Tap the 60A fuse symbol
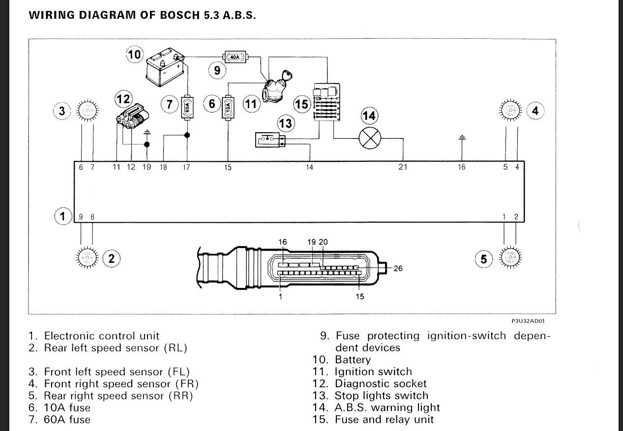[x=187, y=107]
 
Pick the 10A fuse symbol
[x=228, y=107]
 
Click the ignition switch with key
[x=274, y=87]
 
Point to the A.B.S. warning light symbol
[x=370, y=138]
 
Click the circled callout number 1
[x=62, y=216]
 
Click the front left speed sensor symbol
[x=87, y=110]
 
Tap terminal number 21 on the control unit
[x=403, y=168]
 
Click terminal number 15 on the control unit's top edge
[x=228, y=168]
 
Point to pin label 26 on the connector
[x=398, y=268]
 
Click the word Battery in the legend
[x=353, y=360]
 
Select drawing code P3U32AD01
[x=528, y=320]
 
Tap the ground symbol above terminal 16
[x=461, y=138]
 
